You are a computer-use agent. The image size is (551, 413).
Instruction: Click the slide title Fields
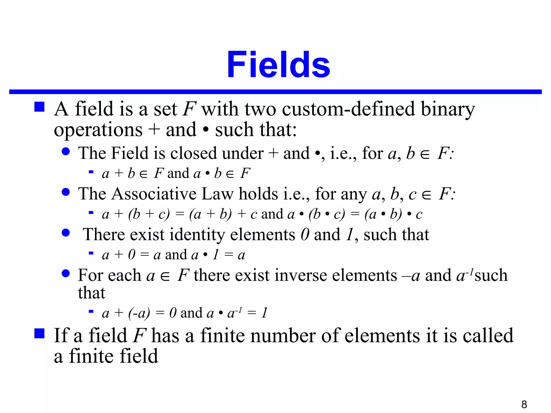point(278,65)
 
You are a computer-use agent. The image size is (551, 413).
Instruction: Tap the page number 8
point(524,404)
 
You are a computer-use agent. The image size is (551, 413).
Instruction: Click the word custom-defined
point(348,109)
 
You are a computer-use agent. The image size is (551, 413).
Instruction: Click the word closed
point(193,153)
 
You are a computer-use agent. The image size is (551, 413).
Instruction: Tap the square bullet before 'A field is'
point(39,107)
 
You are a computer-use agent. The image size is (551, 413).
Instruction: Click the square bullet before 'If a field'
point(39,333)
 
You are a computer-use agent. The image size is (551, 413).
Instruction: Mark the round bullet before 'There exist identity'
point(66,233)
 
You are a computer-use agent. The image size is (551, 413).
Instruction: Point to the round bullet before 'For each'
point(66,273)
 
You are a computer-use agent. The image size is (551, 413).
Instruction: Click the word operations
point(98,130)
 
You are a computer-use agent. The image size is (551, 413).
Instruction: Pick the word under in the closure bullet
point(243,153)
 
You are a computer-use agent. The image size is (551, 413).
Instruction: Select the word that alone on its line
point(91,293)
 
